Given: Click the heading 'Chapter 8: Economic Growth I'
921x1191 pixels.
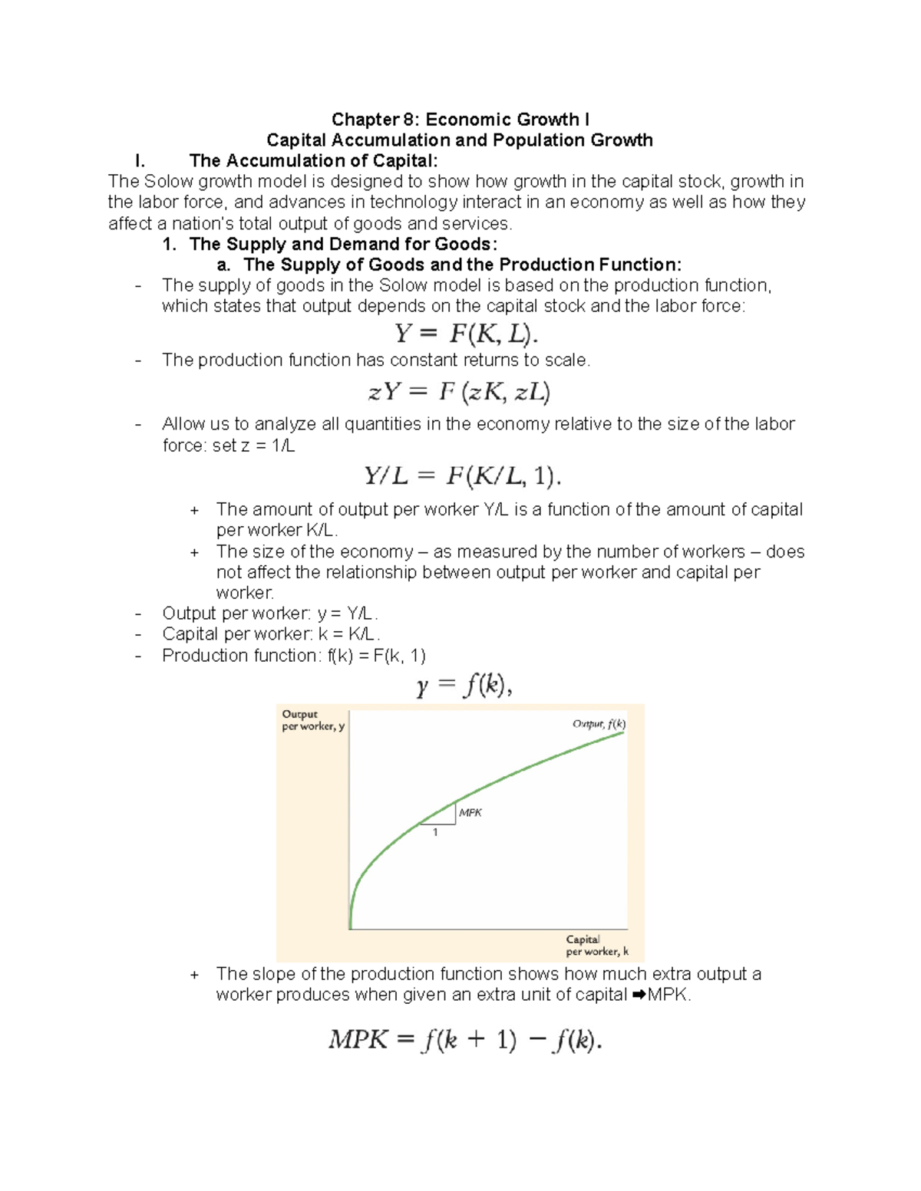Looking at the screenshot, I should [x=460, y=120].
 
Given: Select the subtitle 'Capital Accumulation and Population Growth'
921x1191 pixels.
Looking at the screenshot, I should [x=459, y=140].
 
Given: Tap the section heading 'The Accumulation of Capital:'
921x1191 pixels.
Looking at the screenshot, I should [x=313, y=161].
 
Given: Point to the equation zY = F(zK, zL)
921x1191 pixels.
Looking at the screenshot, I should [x=459, y=393].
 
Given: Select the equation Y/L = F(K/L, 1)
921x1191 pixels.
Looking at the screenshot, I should [x=462, y=477].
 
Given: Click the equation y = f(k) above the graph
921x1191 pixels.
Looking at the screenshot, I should [x=464, y=685].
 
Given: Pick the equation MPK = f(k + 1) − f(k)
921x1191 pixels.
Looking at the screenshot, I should [x=465, y=1041].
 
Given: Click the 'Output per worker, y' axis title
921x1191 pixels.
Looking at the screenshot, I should [x=313, y=720].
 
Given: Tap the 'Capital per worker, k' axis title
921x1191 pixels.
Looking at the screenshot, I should [x=596, y=946].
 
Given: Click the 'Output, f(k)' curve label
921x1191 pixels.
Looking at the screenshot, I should [x=599, y=724].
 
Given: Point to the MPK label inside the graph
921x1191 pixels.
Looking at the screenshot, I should [x=470, y=813].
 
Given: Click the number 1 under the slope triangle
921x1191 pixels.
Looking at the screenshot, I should [x=435, y=833].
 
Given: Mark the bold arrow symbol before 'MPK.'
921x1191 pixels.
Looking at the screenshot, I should [x=639, y=995].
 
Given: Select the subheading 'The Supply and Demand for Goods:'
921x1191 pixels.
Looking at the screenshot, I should [x=343, y=245].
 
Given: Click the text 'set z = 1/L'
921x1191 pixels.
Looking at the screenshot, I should [x=253, y=446].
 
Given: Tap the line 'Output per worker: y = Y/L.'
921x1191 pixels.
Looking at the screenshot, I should [x=270, y=614].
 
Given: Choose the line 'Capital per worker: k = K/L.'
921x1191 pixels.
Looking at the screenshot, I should [x=271, y=634].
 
